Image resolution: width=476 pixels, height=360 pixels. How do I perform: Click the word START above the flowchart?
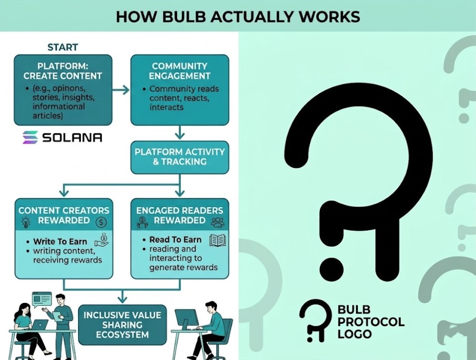(x=62, y=47)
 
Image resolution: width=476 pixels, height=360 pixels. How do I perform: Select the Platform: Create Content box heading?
(x=63, y=70)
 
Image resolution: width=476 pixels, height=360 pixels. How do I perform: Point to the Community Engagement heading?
(x=179, y=71)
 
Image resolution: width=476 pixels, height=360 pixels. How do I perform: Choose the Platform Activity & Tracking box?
(x=179, y=157)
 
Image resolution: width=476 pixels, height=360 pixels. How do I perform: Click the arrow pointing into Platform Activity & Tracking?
(x=179, y=133)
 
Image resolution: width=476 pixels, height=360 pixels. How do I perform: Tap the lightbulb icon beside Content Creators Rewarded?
(x=26, y=222)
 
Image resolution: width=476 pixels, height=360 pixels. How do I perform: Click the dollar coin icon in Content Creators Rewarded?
(x=101, y=222)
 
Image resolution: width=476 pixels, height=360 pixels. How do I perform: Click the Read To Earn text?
(x=175, y=240)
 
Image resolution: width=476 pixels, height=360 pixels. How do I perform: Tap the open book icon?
(x=218, y=240)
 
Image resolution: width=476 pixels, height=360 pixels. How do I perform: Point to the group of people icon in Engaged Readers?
(x=218, y=221)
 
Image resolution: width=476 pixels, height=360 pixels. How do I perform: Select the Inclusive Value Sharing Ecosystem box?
(x=122, y=325)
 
